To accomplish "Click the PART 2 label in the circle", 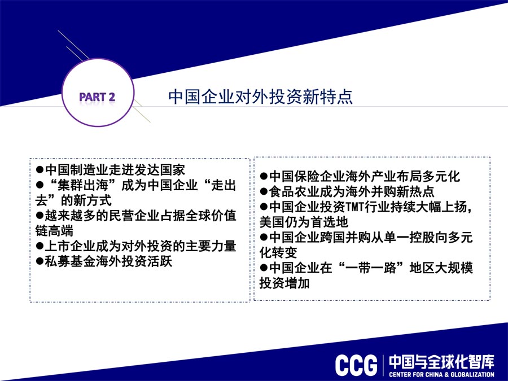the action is click(x=97, y=97).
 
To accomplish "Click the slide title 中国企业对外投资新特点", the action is click(x=260, y=97).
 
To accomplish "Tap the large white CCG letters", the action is click(x=356, y=365).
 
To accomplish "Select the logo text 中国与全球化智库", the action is click(x=442, y=362).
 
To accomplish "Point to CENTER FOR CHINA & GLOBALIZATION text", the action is click(x=442, y=375).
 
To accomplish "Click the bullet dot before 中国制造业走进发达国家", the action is click(x=40, y=169).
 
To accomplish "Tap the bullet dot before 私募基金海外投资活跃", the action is click(x=40, y=261).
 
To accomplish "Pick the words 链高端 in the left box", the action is click(x=54, y=231).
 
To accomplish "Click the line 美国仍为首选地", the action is click(x=304, y=222).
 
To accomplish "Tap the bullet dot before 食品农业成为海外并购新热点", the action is click(x=264, y=191).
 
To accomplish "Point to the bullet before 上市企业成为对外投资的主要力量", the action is click(x=40, y=246).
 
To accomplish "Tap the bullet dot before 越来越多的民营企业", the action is click(x=40, y=216).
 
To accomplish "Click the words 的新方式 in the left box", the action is click(x=86, y=200).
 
